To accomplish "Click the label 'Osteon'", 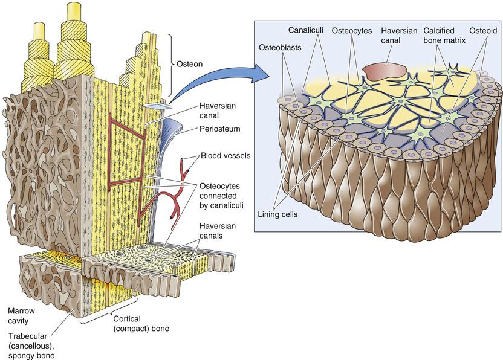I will (x=189, y=63).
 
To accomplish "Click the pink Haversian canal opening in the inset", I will (x=383, y=70).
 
